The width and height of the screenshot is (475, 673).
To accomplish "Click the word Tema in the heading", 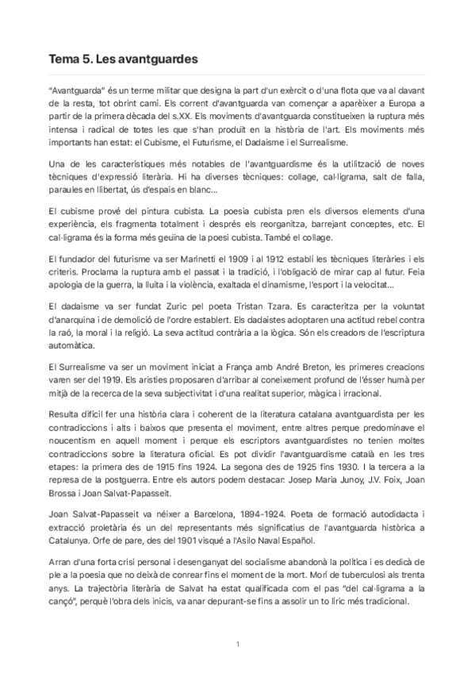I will [63, 60].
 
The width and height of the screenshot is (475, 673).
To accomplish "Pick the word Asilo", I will [243, 536].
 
